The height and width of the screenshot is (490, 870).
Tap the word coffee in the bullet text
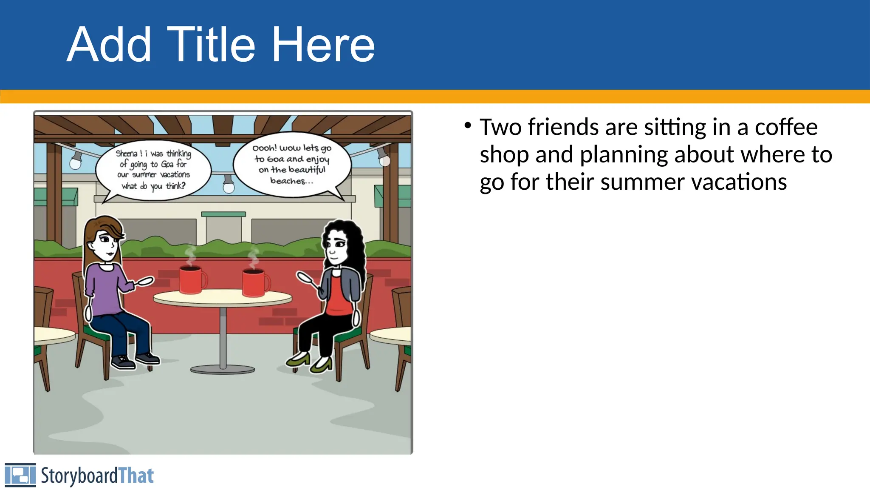(786, 127)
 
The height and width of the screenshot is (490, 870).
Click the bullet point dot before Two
(468, 125)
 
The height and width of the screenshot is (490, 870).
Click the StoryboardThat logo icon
(20, 475)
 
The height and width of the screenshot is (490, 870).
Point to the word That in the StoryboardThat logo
(136, 476)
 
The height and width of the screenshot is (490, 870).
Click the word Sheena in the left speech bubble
(127, 154)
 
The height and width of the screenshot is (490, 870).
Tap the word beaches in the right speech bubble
(288, 181)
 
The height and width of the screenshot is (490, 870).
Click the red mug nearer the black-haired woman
(254, 282)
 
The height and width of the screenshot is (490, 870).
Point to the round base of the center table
(223, 369)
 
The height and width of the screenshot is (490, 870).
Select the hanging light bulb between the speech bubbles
(229, 186)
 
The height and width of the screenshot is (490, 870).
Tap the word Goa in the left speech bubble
(167, 164)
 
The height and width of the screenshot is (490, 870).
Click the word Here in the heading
(323, 45)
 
